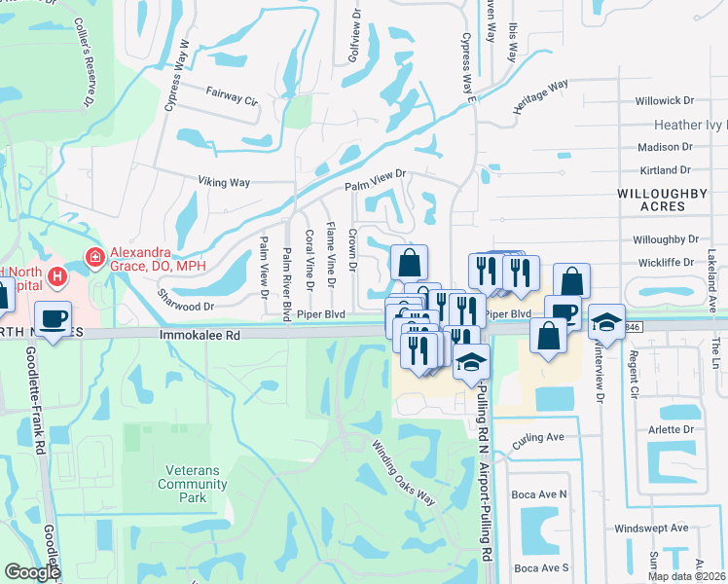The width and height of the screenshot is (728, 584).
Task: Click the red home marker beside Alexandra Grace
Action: click(x=95, y=258)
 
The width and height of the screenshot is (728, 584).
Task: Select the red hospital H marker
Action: click(x=59, y=277)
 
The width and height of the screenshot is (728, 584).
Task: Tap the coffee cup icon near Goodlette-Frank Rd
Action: click(x=53, y=317)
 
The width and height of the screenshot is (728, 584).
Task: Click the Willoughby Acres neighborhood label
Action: click(x=662, y=200)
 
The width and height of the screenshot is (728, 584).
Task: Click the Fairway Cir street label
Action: click(x=231, y=98)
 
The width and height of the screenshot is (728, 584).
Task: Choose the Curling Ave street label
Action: click(x=538, y=438)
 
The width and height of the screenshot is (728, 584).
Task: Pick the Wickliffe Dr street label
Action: click(x=666, y=263)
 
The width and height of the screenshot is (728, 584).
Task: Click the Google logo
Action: click(x=32, y=572)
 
